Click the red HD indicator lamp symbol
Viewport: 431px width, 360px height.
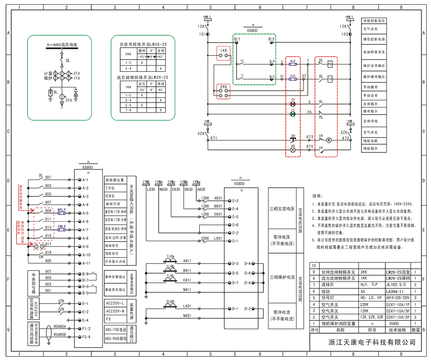293,104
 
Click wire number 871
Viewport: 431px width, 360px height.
214,137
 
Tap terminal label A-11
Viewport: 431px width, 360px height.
85,263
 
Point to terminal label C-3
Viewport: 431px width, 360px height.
235,201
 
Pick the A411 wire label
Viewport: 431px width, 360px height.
187,261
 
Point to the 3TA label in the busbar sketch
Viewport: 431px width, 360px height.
69,100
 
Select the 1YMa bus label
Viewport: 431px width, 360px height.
197,182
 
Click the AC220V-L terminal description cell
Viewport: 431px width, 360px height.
115,303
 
